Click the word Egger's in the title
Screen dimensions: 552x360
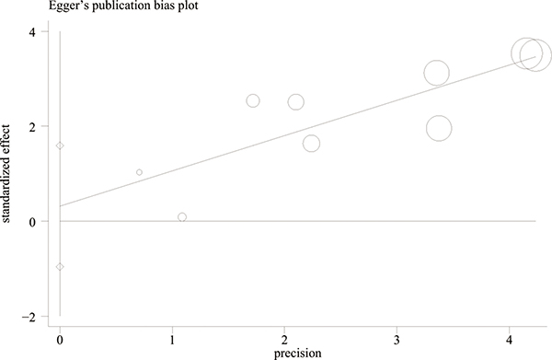point(67,6)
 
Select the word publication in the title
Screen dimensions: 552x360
point(118,6)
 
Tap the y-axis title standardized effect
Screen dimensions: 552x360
point(6,174)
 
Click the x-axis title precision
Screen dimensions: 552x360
point(297,354)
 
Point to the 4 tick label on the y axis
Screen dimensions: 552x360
point(32,32)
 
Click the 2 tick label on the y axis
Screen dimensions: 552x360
point(32,126)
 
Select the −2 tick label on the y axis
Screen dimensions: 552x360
point(29,317)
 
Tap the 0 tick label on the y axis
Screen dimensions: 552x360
point(32,222)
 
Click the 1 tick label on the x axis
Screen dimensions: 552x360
point(172,341)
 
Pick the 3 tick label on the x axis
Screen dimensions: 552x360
point(397,341)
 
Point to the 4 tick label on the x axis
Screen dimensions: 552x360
point(510,341)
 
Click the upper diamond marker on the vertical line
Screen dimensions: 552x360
point(60,145)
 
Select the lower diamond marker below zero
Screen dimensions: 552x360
point(60,267)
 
